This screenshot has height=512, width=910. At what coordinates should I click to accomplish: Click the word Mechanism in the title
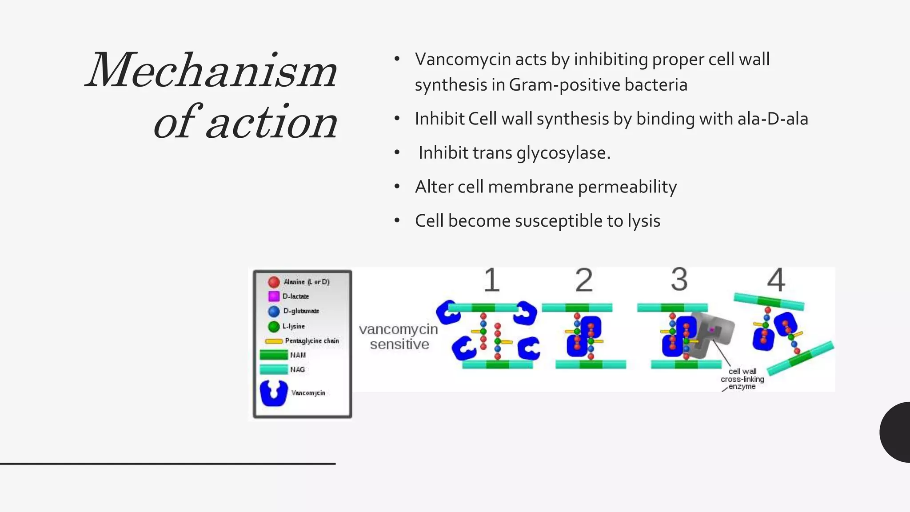point(212,71)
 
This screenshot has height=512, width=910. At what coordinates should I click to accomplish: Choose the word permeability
point(627,187)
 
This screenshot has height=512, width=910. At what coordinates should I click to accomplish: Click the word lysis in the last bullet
point(643,221)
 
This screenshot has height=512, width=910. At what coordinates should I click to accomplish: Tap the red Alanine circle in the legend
point(274,282)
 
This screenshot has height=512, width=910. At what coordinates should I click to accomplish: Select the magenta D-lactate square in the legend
point(274,296)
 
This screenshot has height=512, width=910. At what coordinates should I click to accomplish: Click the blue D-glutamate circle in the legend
point(274,311)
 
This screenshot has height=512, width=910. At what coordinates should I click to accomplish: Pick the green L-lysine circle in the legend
point(274,326)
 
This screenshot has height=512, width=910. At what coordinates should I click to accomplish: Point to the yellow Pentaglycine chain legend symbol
point(274,341)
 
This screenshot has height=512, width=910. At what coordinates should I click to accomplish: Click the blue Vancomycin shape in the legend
point(274,393)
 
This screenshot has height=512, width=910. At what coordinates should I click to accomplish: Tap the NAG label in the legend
point(297,369)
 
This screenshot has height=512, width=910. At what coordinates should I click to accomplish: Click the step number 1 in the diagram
point(491,280)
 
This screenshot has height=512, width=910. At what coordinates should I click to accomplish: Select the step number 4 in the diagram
point(776,280)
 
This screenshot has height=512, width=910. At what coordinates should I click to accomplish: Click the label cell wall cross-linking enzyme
point(742,379)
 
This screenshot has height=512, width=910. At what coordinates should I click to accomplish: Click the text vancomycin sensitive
point(399,336)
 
